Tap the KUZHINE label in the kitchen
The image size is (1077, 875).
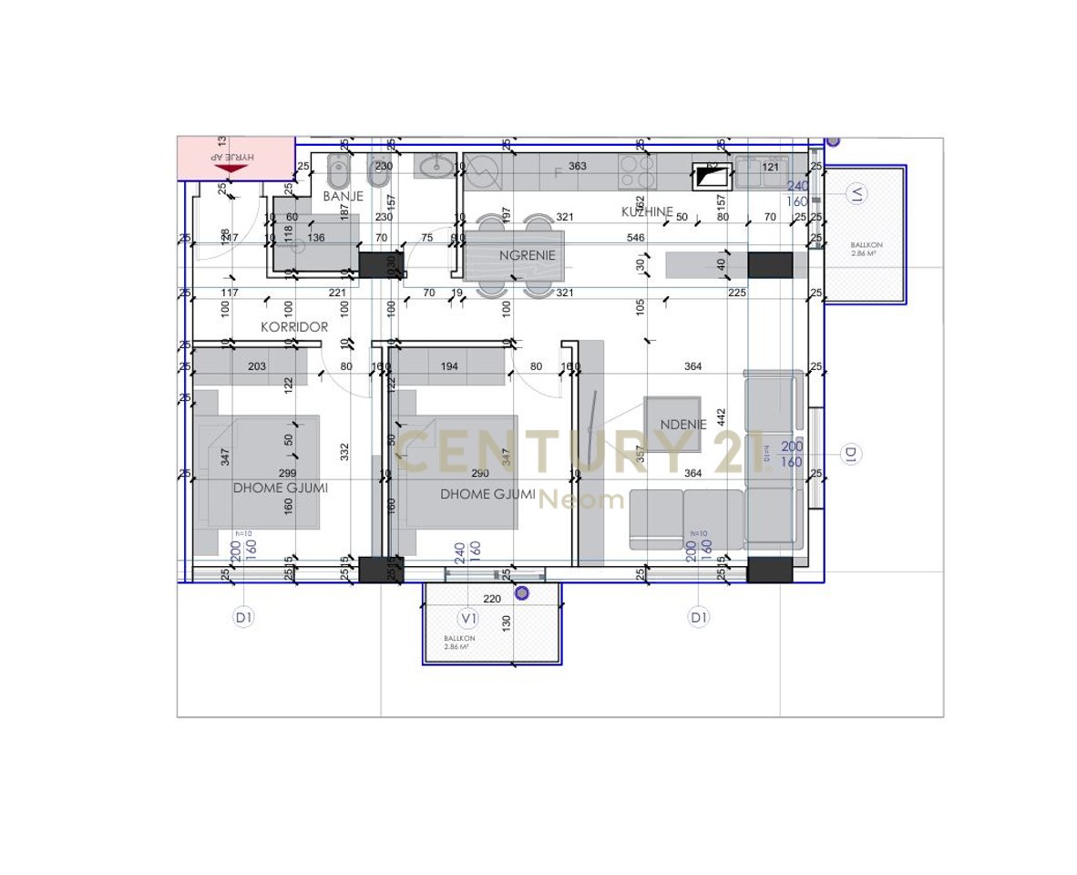point(647,211)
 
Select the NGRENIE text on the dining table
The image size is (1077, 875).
point(527,256)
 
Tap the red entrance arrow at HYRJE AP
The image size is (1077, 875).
point(235,165)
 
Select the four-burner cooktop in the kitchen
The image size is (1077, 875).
point(638,170)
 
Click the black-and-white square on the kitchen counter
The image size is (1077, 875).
point(706,175)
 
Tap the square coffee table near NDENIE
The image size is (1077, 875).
point(672,424)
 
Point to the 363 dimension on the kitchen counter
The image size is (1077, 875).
point(578,166)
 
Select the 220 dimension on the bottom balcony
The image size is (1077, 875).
point(492,599)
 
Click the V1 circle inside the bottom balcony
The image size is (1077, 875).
point(468,618)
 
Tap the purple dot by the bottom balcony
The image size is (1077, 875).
point(521,592)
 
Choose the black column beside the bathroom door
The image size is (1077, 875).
point(373,265)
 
